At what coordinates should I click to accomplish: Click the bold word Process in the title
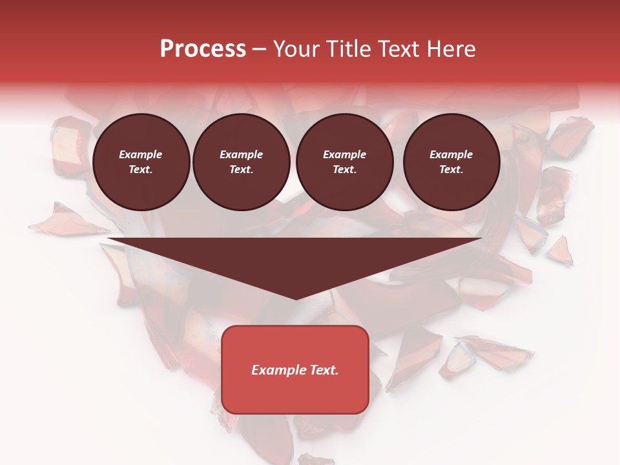pyautogui.click(x=203, y=49)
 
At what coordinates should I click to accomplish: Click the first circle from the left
pyautogui.click(x=141, y=162)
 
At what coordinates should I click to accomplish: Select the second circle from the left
pyautogui.click(x=241, y=162)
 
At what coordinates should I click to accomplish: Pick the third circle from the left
pyautogui.click(x=344, y=162)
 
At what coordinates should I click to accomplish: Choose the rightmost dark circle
pyautogui.click(x=451, y=162)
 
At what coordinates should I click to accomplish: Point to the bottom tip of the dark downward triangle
pyautogui.click(x=296, y=298)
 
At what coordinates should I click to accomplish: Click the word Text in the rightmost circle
pyautogui.click(x=451, y=170)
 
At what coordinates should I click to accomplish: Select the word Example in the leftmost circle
pyautogui.click(x=141, y=154)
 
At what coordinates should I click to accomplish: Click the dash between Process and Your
pyautogui.click(x=260, y=50)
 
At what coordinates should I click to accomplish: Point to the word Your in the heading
pyautogui.click(x=296, y=49)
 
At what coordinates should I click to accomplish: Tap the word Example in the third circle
pyautogui.click(x=344, y=154)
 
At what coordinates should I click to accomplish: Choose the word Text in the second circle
pyautogui.click(x=241, y=170)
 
